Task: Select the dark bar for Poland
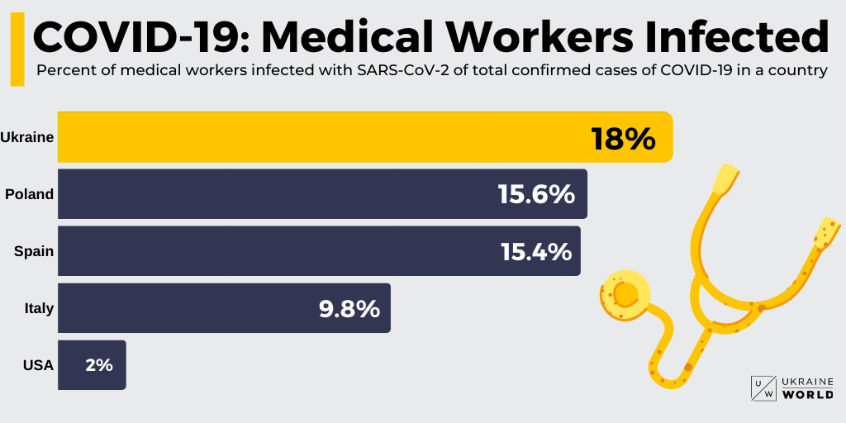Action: (x=273, y=194)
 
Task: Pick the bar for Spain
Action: (x=273, y=251)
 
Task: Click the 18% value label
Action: (x=623, y=139)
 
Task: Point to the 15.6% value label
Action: (x=535, y=195)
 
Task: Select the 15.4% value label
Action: (x=536, y=251)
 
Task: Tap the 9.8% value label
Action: (x=349, y=309)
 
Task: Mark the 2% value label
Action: (x=99, y=364)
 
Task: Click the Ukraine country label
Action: (x=27, y=137)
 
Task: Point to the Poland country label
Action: (x=30, y=194)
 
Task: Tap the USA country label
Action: (x=38, y=364)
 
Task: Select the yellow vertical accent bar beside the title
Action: (x=17, y=50)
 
